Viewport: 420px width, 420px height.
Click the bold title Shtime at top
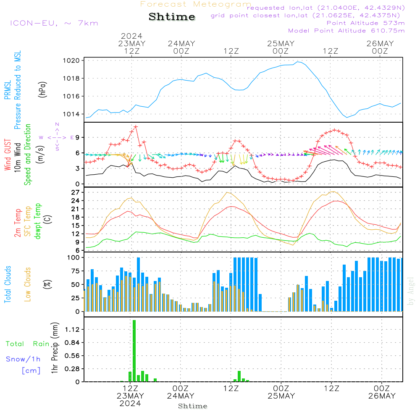click(172, 17)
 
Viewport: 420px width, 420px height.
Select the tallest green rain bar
click(134, 351)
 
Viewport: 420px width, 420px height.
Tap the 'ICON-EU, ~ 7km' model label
click(54, 23)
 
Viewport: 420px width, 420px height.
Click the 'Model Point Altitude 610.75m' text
click(346, 31)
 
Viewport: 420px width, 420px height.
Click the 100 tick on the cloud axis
click(74, 257)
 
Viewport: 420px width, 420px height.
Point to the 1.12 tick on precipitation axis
click(73, 330)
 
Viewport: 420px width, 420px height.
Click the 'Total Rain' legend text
click(27, 344)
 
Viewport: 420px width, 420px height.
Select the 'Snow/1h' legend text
click(24, 359)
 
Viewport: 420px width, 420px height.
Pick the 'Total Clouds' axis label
click(8, 284)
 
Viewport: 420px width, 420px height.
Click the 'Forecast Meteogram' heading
click(196, 4)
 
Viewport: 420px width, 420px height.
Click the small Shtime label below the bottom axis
click(192, 406)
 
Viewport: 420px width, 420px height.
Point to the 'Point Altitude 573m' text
click(365, 23)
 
